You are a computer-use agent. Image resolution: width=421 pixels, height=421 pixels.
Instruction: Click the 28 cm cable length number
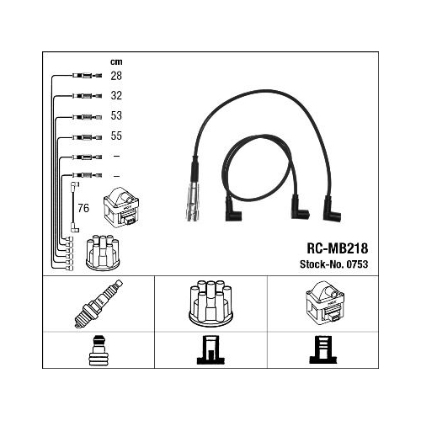116,76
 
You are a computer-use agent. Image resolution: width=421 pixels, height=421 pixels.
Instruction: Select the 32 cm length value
116,96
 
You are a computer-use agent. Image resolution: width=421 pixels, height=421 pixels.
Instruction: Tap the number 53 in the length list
116,115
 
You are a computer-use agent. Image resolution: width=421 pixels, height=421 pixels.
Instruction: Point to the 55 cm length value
116,136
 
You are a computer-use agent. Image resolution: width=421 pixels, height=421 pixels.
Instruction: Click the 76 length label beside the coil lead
83,208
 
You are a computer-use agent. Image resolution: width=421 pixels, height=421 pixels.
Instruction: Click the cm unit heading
116,61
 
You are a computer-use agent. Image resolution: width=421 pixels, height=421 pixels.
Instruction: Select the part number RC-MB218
337,248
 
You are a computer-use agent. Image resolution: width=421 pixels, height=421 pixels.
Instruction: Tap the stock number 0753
357,264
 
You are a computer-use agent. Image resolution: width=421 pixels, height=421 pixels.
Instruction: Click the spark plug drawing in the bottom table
99,304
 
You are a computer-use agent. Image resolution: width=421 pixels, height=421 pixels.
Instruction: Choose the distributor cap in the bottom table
210,302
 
